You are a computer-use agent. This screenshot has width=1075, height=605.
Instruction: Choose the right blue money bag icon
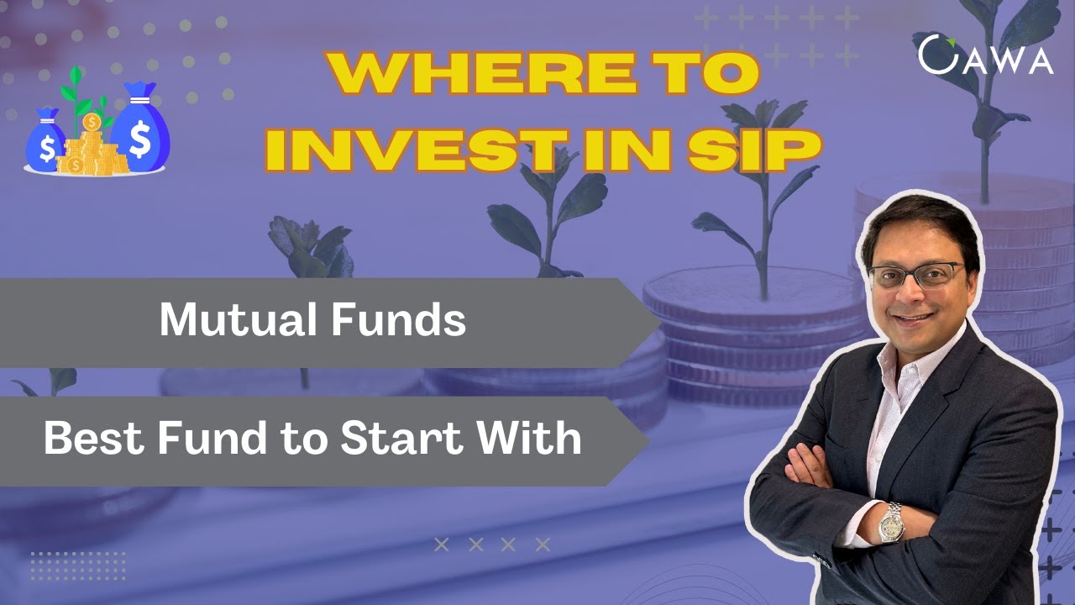141,126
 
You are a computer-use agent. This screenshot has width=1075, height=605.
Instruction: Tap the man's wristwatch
891,522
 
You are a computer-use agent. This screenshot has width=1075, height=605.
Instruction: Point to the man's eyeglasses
917,276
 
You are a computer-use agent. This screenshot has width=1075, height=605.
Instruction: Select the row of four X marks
492,544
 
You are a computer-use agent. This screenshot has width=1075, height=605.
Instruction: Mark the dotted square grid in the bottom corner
77,565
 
